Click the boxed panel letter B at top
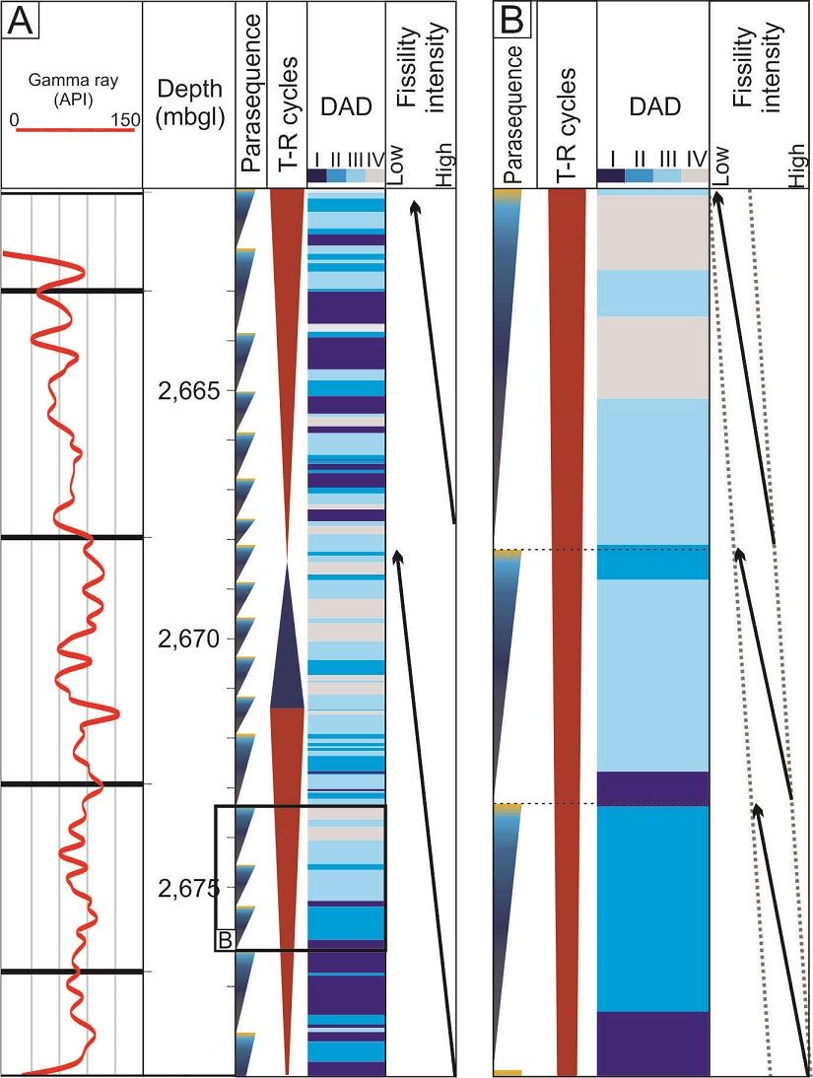pos(511,20)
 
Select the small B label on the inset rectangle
pos(224,940)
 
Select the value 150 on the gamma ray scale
pos(125,119)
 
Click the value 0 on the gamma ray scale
pos(15,119)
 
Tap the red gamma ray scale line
pos(74,130)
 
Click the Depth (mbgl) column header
pos(189,104)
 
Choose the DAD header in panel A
pos(345,107)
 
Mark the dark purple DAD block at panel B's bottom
pos(652,1043)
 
